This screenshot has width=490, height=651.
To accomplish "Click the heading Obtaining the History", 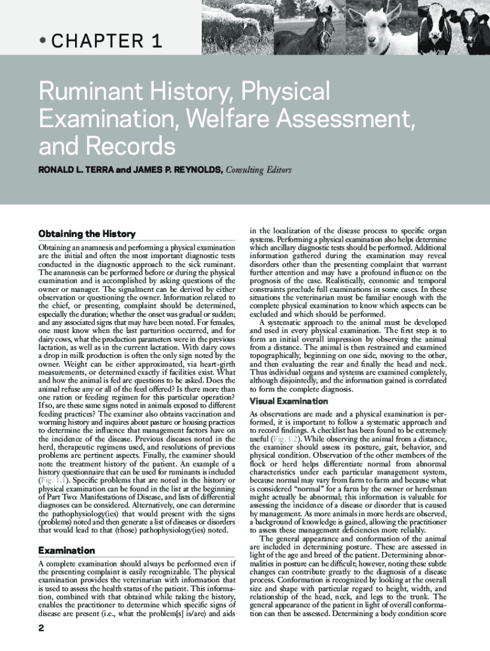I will point(87,234).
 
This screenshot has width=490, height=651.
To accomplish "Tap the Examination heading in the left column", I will point(67,550).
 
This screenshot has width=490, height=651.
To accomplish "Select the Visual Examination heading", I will point(289,401).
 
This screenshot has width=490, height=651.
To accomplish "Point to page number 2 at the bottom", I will point(41,629).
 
